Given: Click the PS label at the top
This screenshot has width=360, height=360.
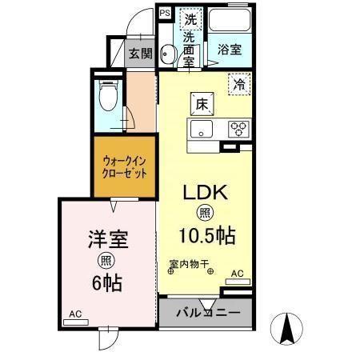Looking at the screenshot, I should coord(165,13).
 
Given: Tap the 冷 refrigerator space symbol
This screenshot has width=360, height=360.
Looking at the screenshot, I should coord(238,82).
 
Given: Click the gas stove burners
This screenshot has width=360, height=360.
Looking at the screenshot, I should coord(238,128).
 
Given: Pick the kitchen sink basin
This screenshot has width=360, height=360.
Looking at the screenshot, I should coord(199,128).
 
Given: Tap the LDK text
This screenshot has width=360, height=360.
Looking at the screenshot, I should coord(208,192).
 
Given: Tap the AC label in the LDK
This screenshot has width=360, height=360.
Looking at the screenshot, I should coord(237,274).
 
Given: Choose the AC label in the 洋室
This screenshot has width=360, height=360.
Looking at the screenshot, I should coord(74,314).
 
